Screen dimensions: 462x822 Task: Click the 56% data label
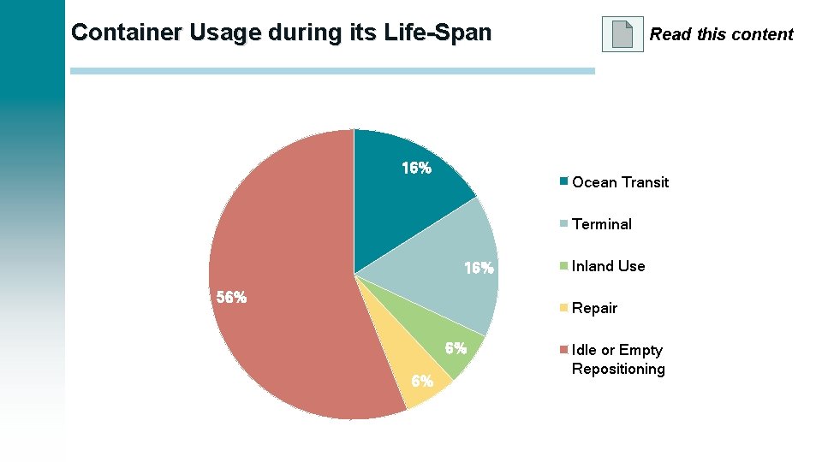click(x=231, y=298)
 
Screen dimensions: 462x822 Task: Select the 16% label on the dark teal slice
click(x=417, y=169)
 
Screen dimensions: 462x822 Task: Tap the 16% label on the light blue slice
click(x=479, y=269)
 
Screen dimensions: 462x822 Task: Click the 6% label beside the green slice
click(x=456, y=348)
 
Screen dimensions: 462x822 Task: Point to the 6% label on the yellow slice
click(x=421, y=382)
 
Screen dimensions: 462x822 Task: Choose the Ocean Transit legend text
click(x=620, y=182)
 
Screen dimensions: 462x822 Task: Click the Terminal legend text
click(x=602, y=224)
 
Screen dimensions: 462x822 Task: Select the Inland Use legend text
click(x=608, y=266)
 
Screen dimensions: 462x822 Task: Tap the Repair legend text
click(x=594, y=308)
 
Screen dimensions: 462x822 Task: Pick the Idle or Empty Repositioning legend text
click(x=617, y=359)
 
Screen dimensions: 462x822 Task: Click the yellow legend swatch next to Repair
click(x=563, y=307)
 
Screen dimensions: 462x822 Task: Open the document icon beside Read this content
click(x=622, y=34)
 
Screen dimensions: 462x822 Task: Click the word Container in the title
click(x=125, y=33)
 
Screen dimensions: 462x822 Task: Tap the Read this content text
click(x=721, y=35)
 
